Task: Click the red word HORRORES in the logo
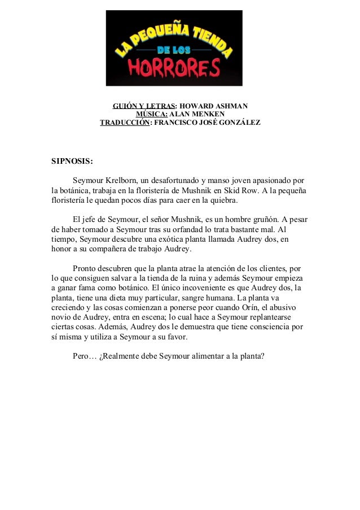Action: point(174,68)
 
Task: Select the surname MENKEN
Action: point(206,114)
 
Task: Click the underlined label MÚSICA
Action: point(148,114)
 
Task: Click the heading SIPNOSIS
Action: point(72,160)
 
